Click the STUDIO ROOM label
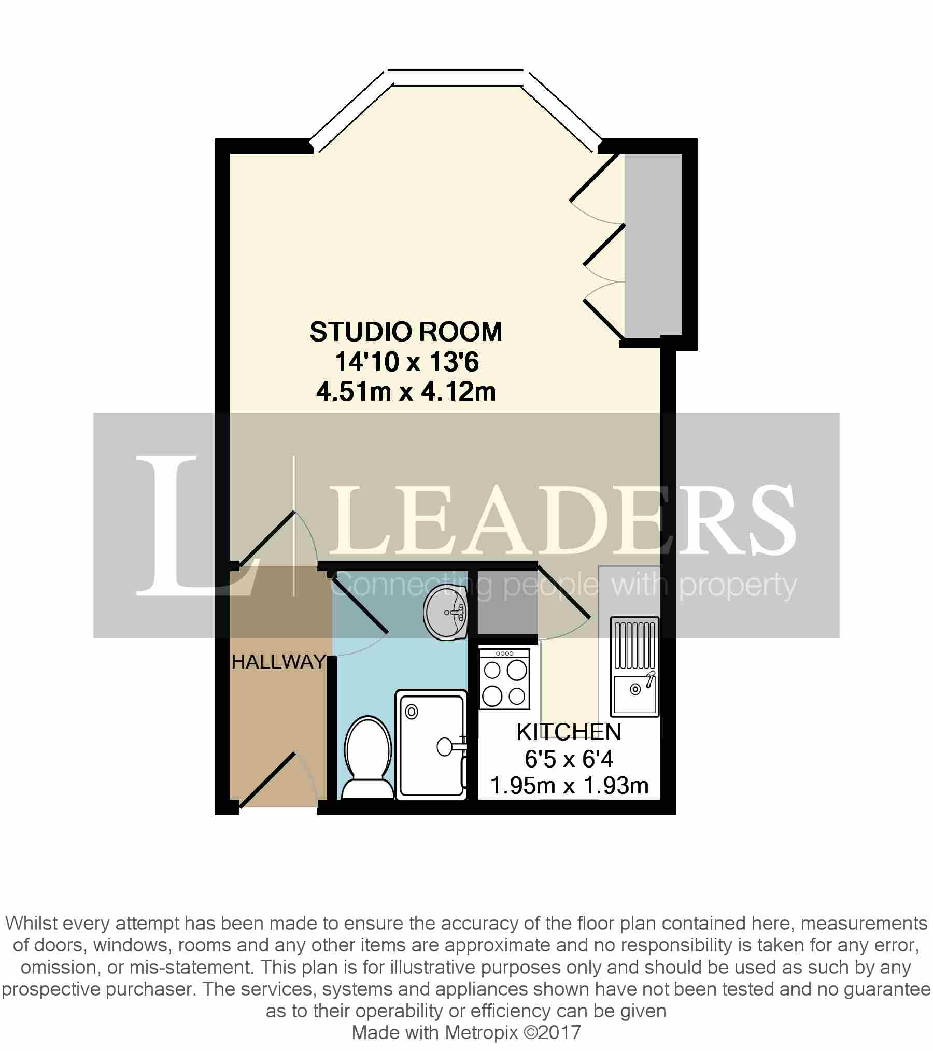[x=406, y=332]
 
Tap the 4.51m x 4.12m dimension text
[x=406, y=392]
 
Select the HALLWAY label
[x=278, y=662]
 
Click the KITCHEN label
[x=569, y=732]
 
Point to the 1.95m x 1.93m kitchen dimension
[x=569, y=786]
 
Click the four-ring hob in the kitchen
[x=504, y=679]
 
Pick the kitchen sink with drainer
[x=634, y=666]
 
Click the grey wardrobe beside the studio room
[x=653, y=245]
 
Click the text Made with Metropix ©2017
[x=466, y=1032]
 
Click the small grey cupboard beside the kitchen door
[x=507, y=603]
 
